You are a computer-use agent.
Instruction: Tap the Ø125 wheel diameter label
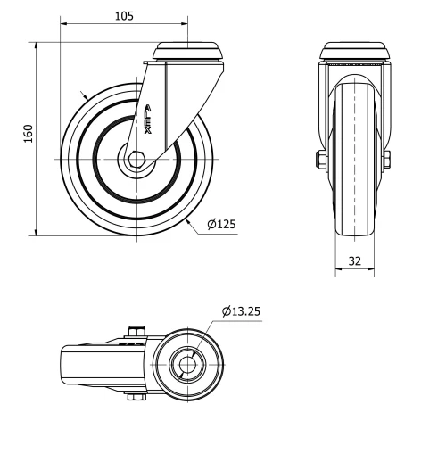click(221, 225)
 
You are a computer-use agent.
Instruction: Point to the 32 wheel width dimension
click(355, 262)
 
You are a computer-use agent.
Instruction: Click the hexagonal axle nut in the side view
click(136, 159)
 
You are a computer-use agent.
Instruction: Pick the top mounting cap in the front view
click(355, 52)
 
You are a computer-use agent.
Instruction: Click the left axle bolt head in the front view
click(318, 160)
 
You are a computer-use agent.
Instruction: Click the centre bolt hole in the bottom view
click(187, 364)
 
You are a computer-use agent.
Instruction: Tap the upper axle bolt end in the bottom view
click(136, 332)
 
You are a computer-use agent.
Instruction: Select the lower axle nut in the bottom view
click(136, 397)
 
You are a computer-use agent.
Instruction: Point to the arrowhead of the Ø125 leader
click(190, 218)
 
